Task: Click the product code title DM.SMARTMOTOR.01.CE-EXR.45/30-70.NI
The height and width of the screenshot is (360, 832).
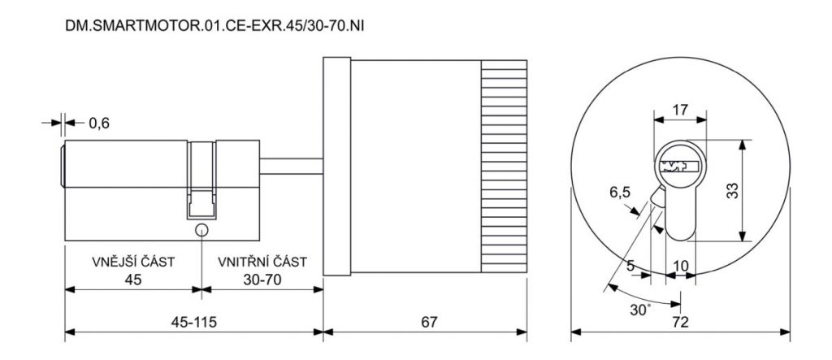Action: click(214, 26)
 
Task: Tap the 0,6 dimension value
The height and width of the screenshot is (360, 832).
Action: click(98, 124)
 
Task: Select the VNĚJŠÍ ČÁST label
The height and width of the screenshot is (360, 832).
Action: click(133, 262)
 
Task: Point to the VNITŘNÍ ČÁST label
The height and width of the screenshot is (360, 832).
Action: click(262, 262)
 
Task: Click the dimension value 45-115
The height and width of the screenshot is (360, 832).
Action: click(193, 322)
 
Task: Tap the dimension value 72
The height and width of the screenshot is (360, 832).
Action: click(680, 322)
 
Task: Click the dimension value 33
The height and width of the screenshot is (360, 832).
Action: click(732, 191)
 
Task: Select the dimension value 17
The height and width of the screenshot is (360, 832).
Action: click(680, 110)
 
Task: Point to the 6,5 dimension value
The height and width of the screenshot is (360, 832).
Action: click(620, 192)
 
